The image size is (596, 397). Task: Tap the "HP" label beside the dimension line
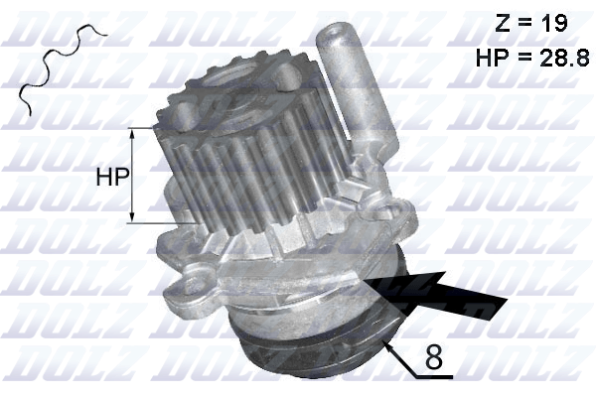pos(111,177)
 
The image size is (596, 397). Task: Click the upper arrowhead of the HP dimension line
pos(132,131)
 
